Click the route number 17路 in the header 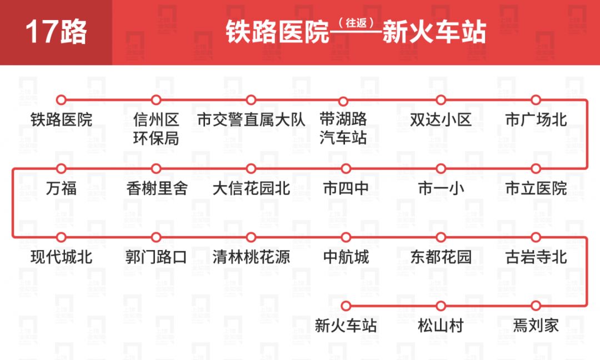56,32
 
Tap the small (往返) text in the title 355,23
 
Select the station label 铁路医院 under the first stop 61,119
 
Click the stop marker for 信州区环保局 156,100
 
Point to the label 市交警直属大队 251,119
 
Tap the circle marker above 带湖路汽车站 343,101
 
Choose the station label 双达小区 441,119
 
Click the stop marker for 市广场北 536,100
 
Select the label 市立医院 536,188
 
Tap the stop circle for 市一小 441,168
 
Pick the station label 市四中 346,188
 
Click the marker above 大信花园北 251,168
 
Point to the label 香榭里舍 157,188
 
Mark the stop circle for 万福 61,168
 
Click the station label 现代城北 61,257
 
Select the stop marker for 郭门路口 156,237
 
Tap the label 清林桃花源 251,257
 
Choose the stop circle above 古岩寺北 536,237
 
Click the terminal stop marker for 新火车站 346,306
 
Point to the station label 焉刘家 536,326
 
